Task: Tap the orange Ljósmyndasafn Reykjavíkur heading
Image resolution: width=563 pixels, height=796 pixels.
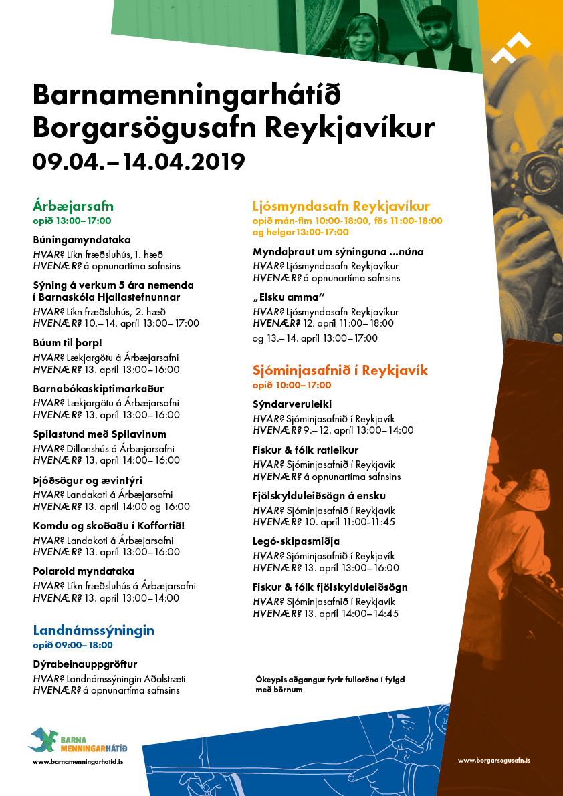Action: pos(341,206)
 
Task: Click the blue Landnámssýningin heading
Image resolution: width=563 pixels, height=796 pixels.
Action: pos(94,630)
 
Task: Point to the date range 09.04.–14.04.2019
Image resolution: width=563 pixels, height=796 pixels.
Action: pos(139,160)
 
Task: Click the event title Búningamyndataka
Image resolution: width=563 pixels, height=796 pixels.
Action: pos(82,240)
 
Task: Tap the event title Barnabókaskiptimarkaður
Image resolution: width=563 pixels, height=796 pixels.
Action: pos(98,389)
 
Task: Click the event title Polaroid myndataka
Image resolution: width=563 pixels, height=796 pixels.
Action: pos(84,571)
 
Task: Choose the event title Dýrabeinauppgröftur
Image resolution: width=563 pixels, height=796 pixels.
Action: pos(85,664)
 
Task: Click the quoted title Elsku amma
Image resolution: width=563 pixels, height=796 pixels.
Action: pos(288,297)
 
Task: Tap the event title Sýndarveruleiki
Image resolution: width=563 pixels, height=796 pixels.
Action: pos(292,404)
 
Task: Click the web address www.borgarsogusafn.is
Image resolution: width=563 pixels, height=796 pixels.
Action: pos(494,761)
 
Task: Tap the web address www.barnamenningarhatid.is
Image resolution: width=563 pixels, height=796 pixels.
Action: pos(78,761)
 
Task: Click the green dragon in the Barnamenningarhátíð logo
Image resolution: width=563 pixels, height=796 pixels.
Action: pos(44,738)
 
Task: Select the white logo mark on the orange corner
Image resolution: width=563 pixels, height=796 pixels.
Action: pos(511,47)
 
